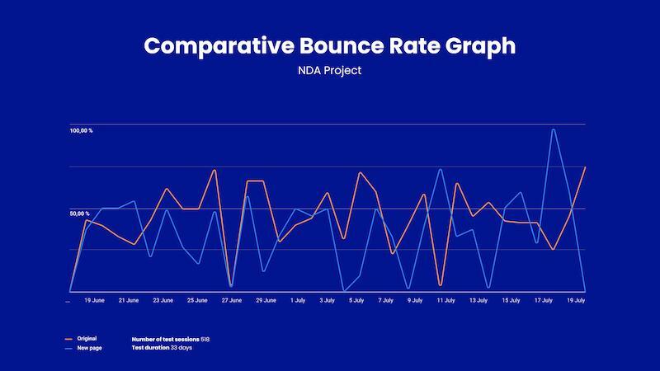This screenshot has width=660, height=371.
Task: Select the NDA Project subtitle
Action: [330, 71]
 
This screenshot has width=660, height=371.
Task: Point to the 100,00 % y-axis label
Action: [81, 131]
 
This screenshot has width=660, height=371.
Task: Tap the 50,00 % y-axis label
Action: [80, 214]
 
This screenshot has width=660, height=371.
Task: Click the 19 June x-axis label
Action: [94, 301]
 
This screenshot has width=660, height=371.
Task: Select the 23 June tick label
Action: [163, 301]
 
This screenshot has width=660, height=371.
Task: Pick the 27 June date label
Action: [231, 301]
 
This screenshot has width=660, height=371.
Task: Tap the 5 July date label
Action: [356, 301]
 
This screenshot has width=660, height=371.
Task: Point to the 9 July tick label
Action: [415, 301]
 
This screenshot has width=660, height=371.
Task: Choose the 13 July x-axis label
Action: [478, 301]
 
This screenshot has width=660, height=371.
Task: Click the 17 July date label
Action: [543, 301]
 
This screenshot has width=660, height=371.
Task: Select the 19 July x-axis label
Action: [576, 301]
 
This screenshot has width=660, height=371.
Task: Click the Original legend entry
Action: [87, 339]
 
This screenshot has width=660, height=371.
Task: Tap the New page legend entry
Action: [88, 348]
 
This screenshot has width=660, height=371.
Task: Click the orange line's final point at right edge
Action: [585, 167]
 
